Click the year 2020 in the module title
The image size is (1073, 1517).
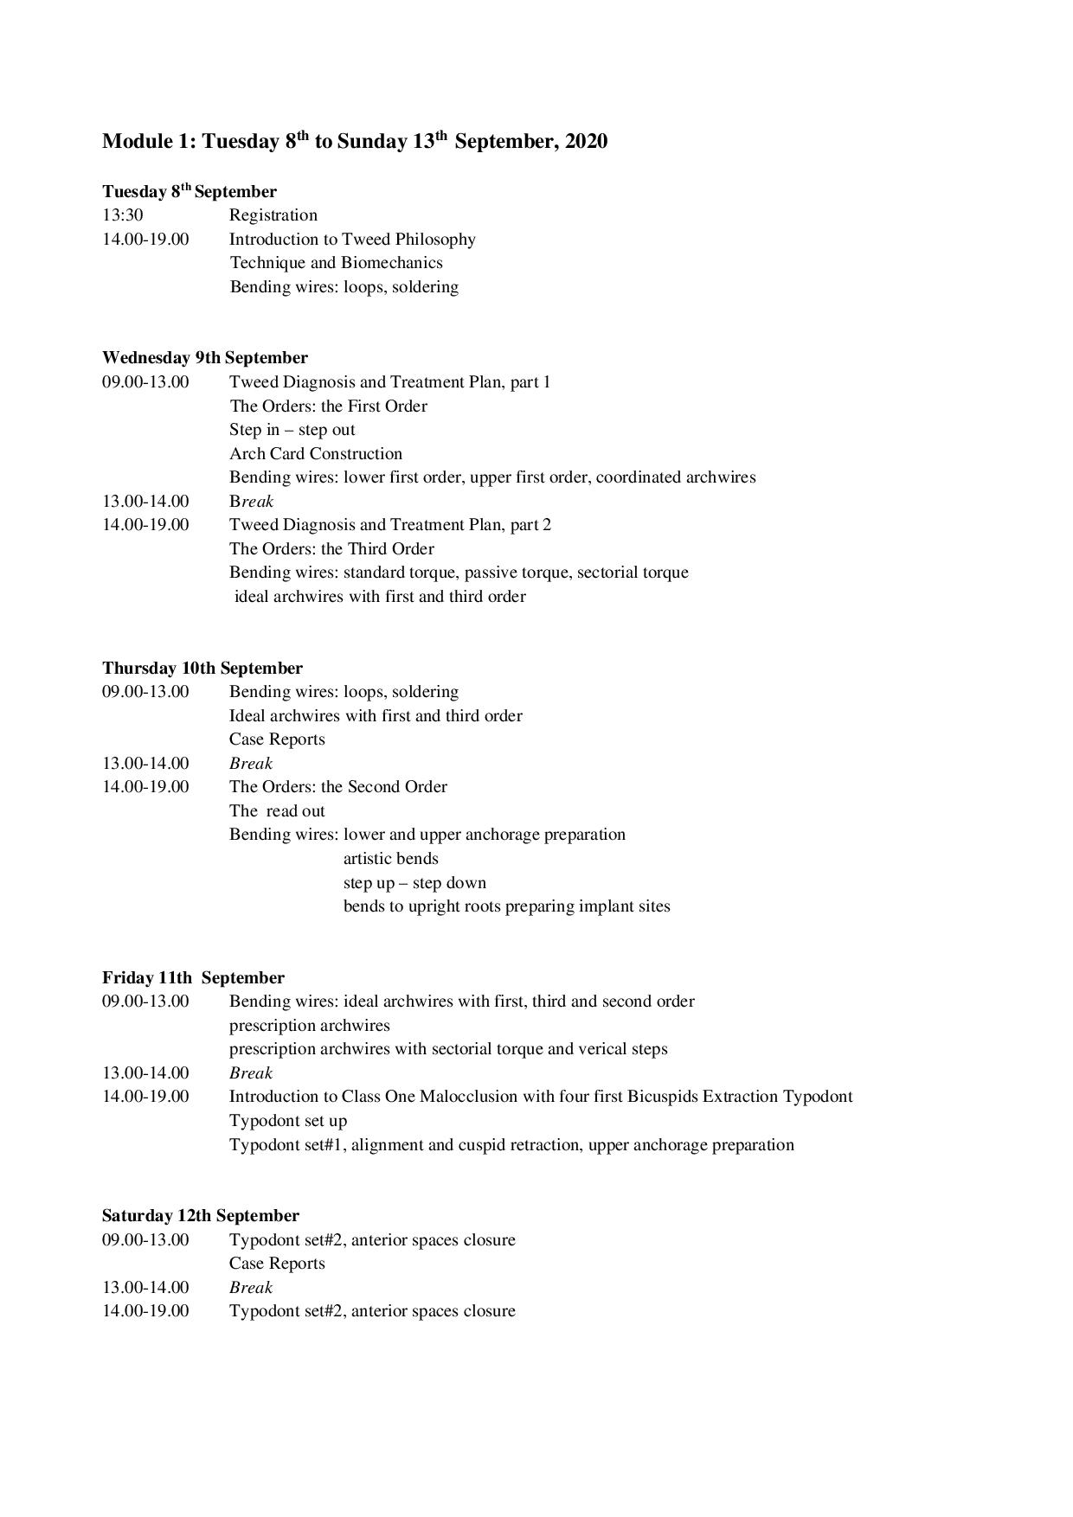click(586, 141)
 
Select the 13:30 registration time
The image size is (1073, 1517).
click(123, 215)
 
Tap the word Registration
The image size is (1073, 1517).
click(273, 215)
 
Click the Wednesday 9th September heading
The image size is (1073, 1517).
click(205, 358)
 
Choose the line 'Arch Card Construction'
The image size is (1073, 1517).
click(316, 454)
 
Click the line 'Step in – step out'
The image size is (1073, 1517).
click(292, 430)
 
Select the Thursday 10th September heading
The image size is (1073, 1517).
click(202, 669)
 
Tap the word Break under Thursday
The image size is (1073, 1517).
click(251, 764)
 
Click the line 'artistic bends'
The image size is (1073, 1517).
click(391, 859)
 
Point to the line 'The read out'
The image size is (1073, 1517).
click(277, 811)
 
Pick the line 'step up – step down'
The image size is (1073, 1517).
click(414, 883)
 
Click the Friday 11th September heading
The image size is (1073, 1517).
click(193, 978)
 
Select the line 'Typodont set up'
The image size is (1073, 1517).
click(288, 1121)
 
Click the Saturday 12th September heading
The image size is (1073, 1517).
click(201, 1216)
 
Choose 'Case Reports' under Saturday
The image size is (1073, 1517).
click(277, 1264)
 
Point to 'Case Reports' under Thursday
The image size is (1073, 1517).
click(277, 739)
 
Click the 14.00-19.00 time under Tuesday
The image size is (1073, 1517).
click(145, 240)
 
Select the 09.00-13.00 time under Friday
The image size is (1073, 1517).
click(145, 1002)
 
